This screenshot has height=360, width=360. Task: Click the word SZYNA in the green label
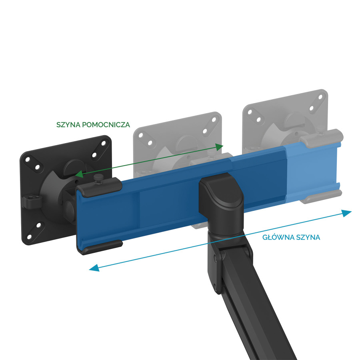[x=68, y=125]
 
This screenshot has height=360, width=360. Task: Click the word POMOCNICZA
[x=106, y=125]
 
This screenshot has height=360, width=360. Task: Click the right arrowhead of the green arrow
[x=219, y=147]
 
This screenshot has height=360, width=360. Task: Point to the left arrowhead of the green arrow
[x=79, y=174]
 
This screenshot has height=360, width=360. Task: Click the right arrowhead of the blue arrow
[x=346, y=213]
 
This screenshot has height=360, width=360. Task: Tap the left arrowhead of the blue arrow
[x=94, y=268]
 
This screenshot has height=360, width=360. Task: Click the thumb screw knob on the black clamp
[x=99, y=178]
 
